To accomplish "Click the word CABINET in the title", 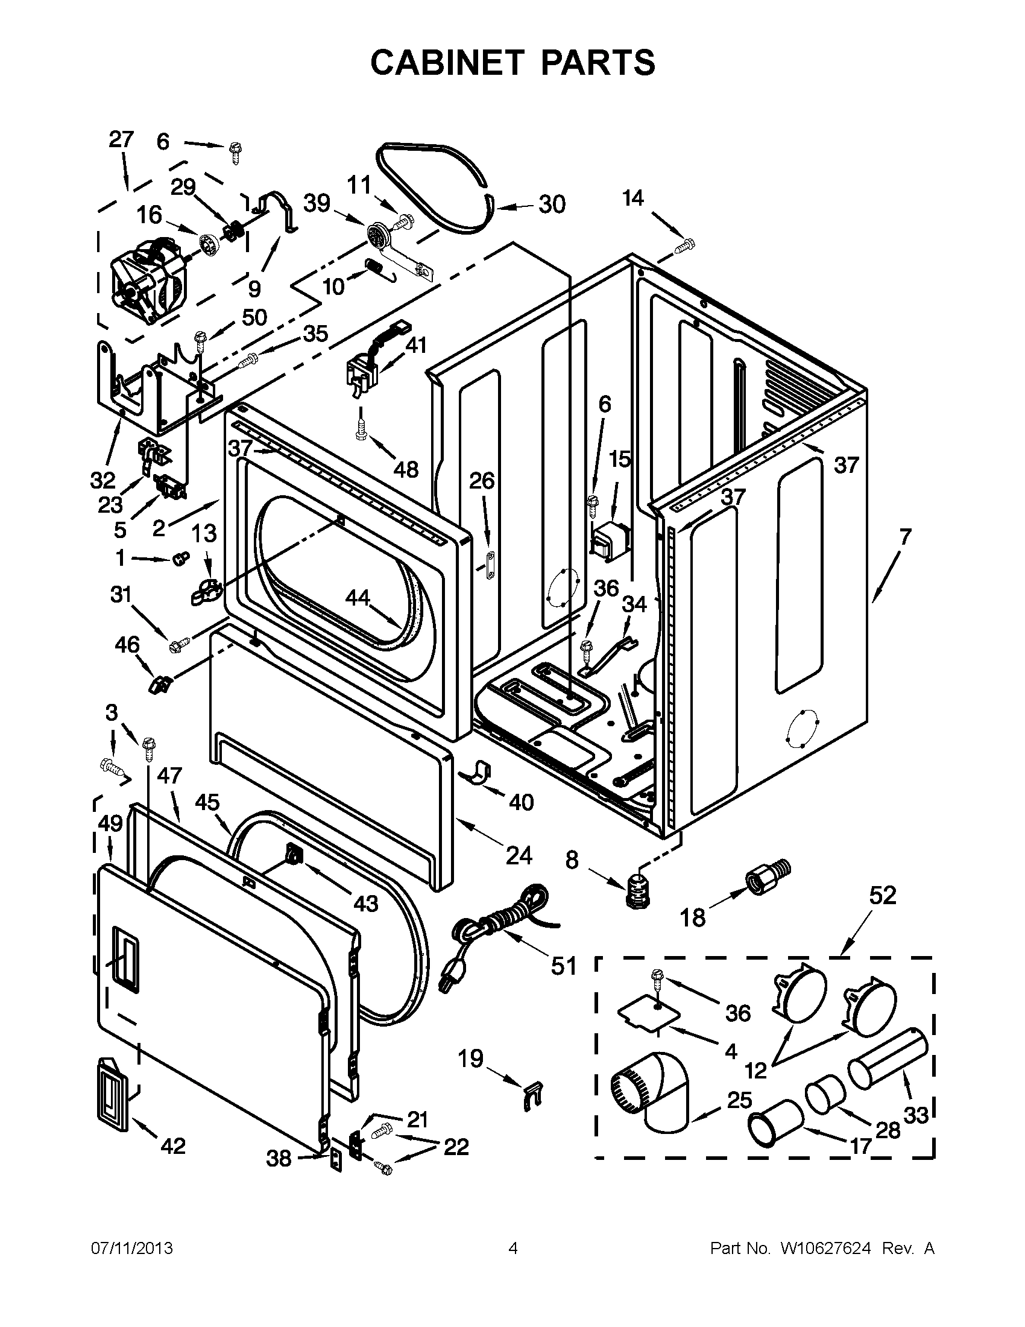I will tap(447, 62).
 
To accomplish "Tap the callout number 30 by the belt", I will tap(551, 204).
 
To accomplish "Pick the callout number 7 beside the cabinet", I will tap(905, 536).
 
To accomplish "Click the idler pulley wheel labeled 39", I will tap(379, 235).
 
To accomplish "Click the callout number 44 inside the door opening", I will tap(357, 598).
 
